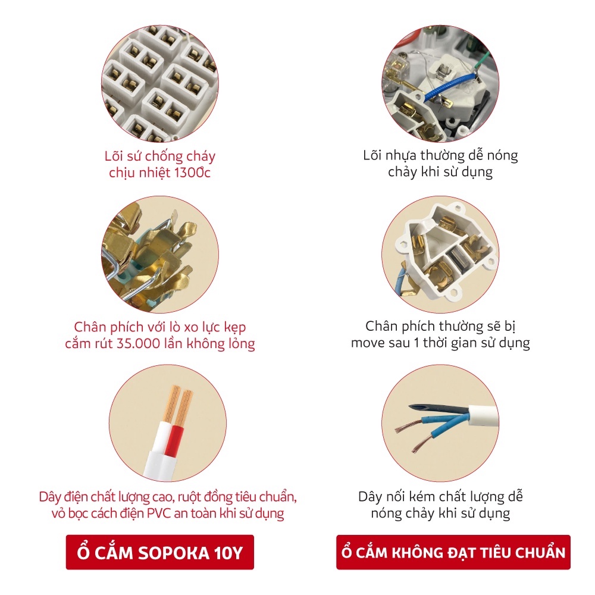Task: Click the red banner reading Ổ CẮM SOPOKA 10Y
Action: point(159,552)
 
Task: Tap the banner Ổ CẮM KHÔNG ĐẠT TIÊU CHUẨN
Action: point(453,552)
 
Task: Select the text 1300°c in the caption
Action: point(192,173)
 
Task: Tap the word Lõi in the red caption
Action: point(114,156)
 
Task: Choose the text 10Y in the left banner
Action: point(228,553)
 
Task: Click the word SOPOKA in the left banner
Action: point(173,553)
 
